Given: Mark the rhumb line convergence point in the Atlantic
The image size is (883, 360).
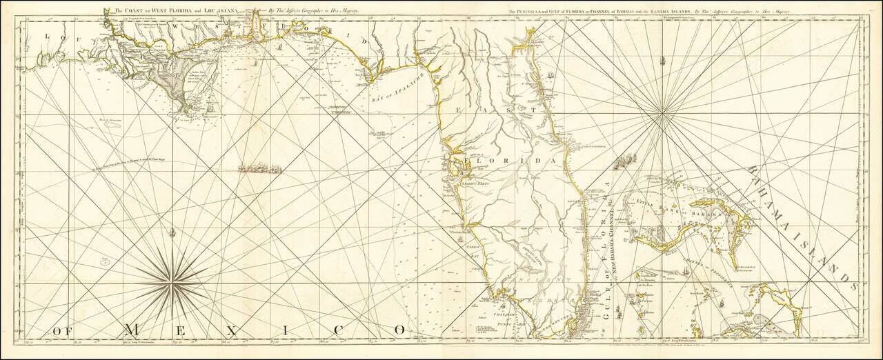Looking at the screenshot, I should click(663, 110).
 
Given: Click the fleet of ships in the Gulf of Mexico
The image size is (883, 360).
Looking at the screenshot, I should click(260, 168).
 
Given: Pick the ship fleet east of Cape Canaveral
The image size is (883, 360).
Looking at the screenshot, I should click(624, 161).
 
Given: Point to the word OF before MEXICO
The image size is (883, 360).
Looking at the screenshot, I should click(62, 331).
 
